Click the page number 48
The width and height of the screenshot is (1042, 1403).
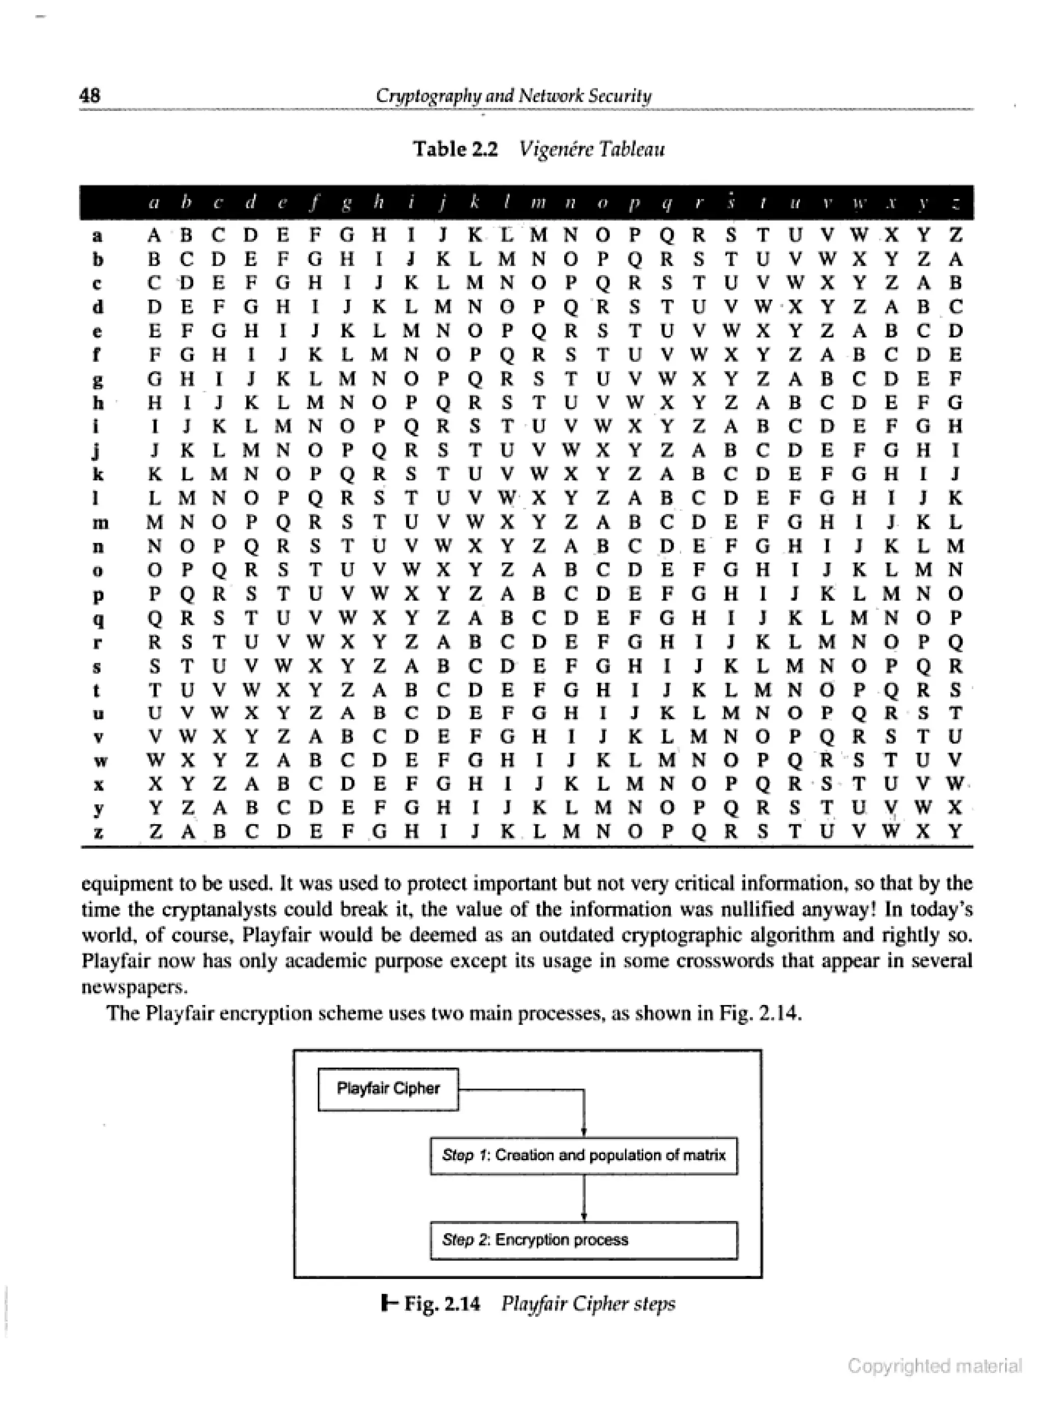pyautogui.click(x=90, y=95)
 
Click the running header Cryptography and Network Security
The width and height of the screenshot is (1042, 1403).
pyautogui.click(x=513, y=95)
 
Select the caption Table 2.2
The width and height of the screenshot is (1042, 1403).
pyautogui.click(x=455, y=149)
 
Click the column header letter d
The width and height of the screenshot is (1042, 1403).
pyautogui.click(x=250, y=203)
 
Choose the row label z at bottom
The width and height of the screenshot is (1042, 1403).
pyautogui.click(x=98, y=833)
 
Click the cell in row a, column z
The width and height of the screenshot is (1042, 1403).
pyautogui.click(x=956, y=235)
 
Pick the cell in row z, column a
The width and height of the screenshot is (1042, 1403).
pyautogui.click(x=155, y=832)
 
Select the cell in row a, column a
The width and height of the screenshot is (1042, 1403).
pyautogui.click(x=155, y=235)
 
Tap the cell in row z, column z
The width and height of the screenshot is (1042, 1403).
pyautogui.click(x=956, y=832)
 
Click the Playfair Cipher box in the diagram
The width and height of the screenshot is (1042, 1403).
pyautogui.click(x=388, y=1089)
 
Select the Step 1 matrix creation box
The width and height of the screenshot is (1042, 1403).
pyautogui.click(x=584, y=1155)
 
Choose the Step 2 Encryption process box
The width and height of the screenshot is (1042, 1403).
pyautogui.click(x=584, y=1240)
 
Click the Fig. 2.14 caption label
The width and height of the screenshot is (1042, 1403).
pyautogui.click(x=442, y=1303)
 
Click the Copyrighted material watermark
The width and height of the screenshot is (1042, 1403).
pyautogui.click(x=934, y=1366)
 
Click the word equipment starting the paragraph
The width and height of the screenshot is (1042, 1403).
pyautogui.click(x=124, y=883)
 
